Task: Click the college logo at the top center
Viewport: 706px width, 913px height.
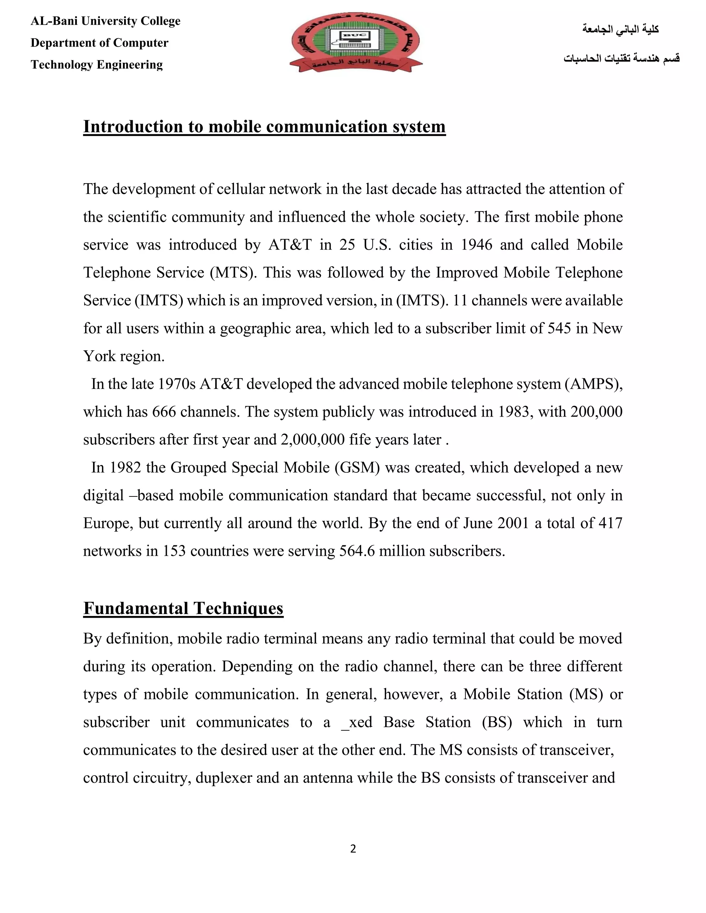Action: [355, 42]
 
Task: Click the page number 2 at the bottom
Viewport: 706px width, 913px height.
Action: [353, 848]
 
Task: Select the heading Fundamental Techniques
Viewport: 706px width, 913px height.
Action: [183, 608]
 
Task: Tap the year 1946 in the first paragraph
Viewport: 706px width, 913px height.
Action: [476, 245]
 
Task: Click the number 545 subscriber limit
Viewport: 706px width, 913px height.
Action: [559, 328]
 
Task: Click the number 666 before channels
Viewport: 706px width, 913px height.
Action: [164, 412]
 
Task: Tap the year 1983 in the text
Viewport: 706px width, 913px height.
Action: [514, 412]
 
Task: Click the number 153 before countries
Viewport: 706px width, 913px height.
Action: [174, 551]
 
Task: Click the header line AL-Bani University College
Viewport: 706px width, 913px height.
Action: [105, 21]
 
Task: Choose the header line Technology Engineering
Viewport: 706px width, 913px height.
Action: [97, 64]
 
